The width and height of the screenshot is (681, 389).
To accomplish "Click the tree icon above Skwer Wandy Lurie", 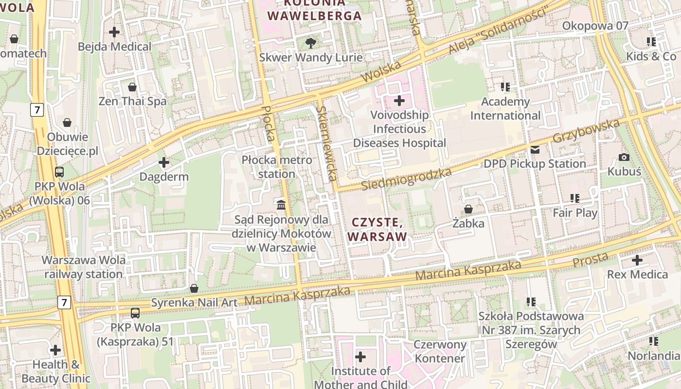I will tap(310, 43).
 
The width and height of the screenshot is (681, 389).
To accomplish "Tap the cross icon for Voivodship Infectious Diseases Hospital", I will tap(399, 101).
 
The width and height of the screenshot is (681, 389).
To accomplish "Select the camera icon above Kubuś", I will tap(624, 157).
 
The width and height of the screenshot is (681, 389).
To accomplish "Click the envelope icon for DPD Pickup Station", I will tap(535, 150).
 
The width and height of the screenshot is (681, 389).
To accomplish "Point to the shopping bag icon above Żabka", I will tap(468, 209).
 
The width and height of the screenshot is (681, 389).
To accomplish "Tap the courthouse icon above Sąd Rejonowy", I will tap(281, 205).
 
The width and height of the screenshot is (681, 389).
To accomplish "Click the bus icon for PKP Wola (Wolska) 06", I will tap(59, 172).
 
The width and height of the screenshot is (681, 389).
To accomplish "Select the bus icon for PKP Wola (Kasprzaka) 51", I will tap(135, 314).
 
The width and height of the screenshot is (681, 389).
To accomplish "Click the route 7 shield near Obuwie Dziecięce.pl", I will tap(37, 109).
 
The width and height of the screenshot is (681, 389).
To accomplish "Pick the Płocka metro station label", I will tap(276, 167).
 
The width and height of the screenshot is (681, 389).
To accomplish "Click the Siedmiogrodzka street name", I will tap(407, 179).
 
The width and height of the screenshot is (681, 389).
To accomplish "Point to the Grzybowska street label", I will tap(587, 131).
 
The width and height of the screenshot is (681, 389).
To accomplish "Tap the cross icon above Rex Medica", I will tap(637, 260).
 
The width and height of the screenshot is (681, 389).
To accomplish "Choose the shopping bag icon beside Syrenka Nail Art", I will tap(194, 289).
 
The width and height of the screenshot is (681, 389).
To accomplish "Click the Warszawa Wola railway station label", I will tap(84, 267).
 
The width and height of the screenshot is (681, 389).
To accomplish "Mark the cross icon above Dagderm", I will tap(164, 162).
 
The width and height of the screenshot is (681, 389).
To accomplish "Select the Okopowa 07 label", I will tap(595, 26).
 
